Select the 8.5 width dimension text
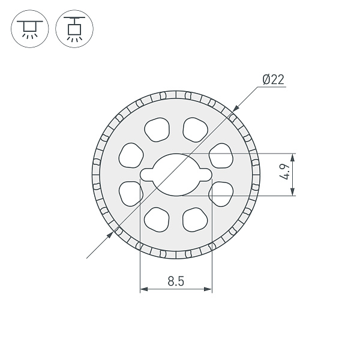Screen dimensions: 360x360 [176, 280]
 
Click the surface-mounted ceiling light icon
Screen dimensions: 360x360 [28, 29]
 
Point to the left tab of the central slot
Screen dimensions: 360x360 [146, 174]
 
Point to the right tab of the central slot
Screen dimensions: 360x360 [206, 174]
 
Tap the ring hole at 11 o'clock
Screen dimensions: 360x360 [157, 128]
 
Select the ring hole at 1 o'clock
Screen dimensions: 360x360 [195, 128]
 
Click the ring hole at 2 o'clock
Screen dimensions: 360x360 [221, 155]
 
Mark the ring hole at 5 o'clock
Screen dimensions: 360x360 [195, 220]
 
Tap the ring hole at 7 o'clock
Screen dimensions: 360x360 [157, 220]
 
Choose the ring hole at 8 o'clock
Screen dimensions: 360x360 [131, 193]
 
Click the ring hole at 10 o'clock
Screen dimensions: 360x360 [131, 155]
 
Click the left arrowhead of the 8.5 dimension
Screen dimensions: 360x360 [143, 290]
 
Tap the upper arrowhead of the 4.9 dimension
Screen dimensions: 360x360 [293, 157]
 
